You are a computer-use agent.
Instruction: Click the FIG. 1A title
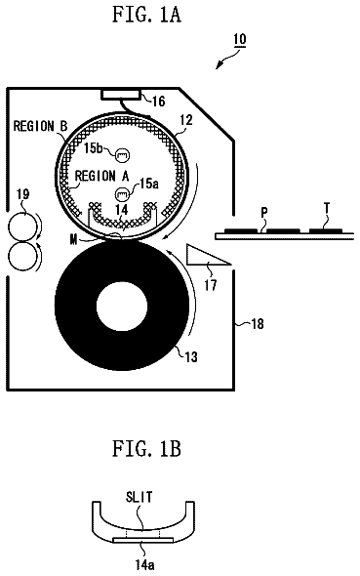pyautogui.click(x=146, y=15)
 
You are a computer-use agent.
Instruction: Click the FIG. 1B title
pyautogui.click(x=146, y=448)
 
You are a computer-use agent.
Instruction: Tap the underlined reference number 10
pyautogui.click(x=240, y=40)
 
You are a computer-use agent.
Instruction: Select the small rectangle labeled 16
pyautogui.click(x=121, y=94)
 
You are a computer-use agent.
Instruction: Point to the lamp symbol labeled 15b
pyautogui.click(x=122, y=155)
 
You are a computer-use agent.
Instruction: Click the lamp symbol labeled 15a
pyautogui.click(x=122, y=193)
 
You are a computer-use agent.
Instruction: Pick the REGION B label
pyautogui.click(x=41, y=126)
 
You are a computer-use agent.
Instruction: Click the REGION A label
pyautogui.click(x=102, y=176)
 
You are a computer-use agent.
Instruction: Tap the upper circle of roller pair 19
pyautogui.click(x=22, y=227)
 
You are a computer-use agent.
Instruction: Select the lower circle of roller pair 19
pyautogui.click(x=22, y=256)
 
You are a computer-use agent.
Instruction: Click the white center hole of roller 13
pyautogui.click(x=122, y=306)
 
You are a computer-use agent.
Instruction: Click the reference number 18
pyautogui.click(x=258, y=324)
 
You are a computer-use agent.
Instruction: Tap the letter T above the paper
pyautogui.click(x=327, y=209)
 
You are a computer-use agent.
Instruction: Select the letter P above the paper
pyautogui.click(x=264, y=212)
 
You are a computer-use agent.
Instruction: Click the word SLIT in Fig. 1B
pyautogui.click(x=139, y=497)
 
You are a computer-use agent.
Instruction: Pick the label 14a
pyautogui.click(x=144, y=564)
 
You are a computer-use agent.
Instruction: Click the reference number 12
pyautogui.click(x=186, y=120)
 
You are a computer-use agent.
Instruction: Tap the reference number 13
pyautogui.click(x=191, y=356)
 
